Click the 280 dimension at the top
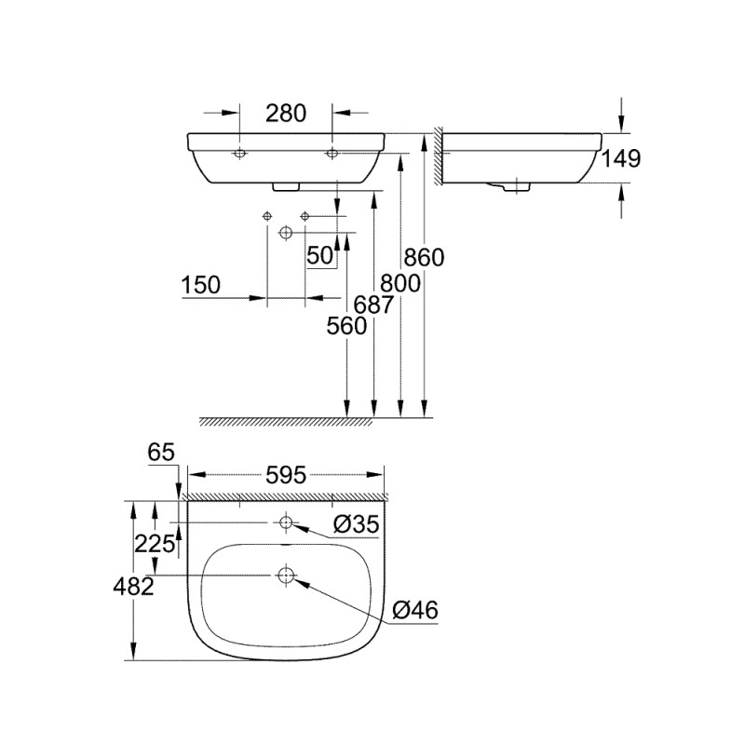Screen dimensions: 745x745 click(x=286, y=114)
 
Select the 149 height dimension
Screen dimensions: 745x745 click(x=621, y=158)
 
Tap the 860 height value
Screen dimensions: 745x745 click(x=424, y=258)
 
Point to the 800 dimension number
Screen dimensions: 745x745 click(x=400, y=284)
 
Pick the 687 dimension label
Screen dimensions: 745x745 click(x=374, y=305)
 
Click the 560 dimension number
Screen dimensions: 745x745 click(x=346, y=326)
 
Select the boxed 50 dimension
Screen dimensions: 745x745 click(x=319, y=255)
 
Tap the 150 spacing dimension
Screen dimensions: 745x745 click(x=201, y=285)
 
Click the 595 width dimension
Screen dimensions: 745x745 click(x=286, y=475)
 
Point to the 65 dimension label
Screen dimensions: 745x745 click(x=161, y=453)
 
